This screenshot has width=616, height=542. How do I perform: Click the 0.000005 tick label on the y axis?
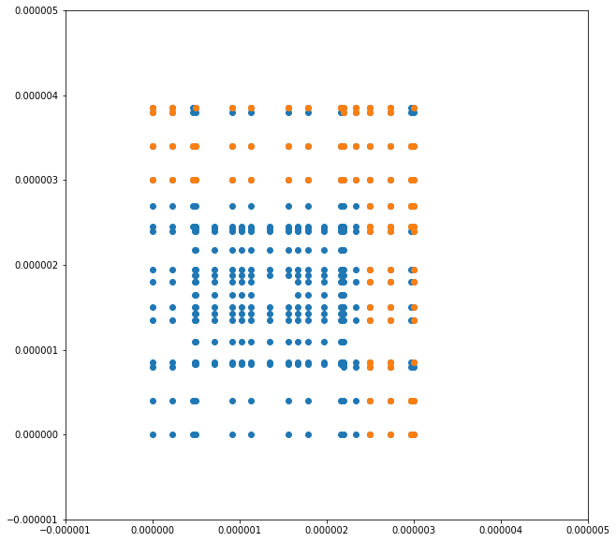(30, 11)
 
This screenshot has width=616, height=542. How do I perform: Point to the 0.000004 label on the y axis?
(30, 95)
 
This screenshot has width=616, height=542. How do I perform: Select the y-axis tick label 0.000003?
(30, 181)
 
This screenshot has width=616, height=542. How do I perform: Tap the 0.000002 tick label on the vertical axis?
(30, 265)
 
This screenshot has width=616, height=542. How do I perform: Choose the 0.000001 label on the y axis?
(30, 350)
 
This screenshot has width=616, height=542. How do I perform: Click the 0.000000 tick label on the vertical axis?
(30, 435)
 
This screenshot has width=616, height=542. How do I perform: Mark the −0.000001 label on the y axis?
(28, 520)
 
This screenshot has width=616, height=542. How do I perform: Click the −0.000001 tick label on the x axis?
(66, 533)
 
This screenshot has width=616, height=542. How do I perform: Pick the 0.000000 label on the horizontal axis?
(153, 533)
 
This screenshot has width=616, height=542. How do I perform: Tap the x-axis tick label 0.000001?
(240, 533)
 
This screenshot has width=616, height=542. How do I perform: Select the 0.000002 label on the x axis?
(327, 533)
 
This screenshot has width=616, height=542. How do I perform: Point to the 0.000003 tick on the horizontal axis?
(414, 533)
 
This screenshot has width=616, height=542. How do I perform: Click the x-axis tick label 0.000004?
(501, 533)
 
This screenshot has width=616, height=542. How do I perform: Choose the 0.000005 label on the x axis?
(588, 533)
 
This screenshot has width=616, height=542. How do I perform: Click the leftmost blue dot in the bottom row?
(153, 434)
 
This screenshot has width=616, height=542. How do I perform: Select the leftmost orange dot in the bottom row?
(370, 434)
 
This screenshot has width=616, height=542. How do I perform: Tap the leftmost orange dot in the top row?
(153, 109)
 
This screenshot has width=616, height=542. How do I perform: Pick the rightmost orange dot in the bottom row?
(414, 434)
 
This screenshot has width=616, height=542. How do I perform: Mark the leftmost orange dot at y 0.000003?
(153, 180)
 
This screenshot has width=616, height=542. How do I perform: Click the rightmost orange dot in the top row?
(414, 109)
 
